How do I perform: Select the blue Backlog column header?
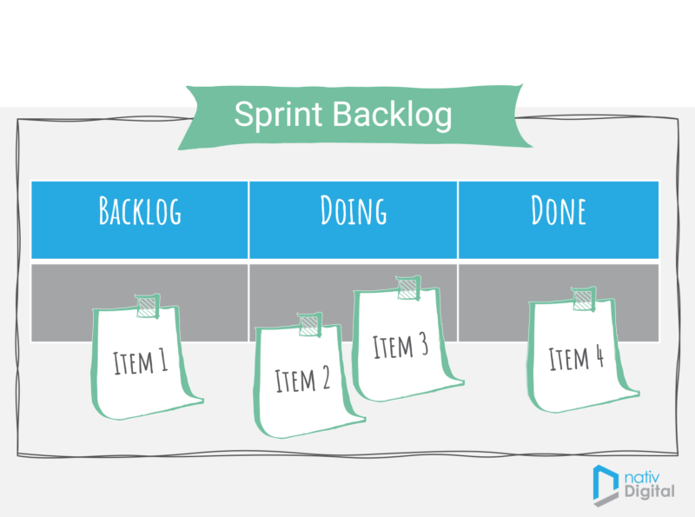[x=140, y=212]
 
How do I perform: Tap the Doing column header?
[x=353, y=212]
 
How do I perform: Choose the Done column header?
[x=559, y=212]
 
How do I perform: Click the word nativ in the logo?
[x=645, y=475]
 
